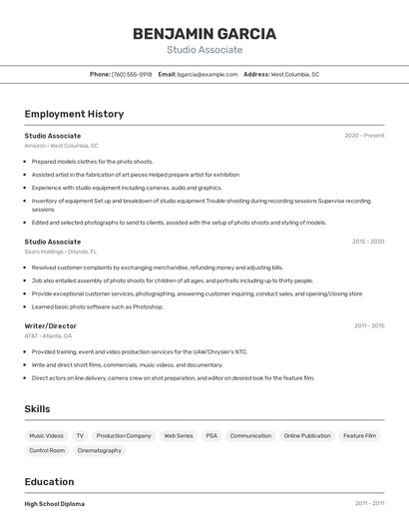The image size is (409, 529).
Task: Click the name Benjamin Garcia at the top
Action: tap(204, 33)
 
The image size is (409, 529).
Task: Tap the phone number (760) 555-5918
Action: tap(132, 74)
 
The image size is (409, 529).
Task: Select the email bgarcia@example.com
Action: tap(207, 74)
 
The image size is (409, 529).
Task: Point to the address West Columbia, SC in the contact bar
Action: tap(295, 74)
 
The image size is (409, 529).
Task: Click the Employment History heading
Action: tap(74, 114)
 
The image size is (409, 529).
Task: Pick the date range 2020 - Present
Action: tap(364, 136)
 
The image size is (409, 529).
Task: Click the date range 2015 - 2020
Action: tap(368, 242)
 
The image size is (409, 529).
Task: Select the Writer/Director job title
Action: tap(50, 326)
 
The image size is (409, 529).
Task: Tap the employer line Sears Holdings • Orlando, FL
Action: tap(61, 252)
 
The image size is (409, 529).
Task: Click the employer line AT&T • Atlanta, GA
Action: tap(48, 336)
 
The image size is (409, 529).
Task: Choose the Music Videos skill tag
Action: tap(46, 435)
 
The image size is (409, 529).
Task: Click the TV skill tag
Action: tap(80, 435)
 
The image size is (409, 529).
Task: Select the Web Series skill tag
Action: tap(179, 435)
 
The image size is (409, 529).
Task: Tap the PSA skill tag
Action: tap(211, 435)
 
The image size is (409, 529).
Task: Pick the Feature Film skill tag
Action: tap(359, 435)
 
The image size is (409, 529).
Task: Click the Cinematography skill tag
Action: tap(100, 450)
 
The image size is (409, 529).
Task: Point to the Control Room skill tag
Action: tap(47, 450)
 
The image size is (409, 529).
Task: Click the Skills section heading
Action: tap(38, 409)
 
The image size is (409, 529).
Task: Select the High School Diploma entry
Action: tap(55, 504)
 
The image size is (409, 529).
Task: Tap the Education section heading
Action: tap(49, 481)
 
